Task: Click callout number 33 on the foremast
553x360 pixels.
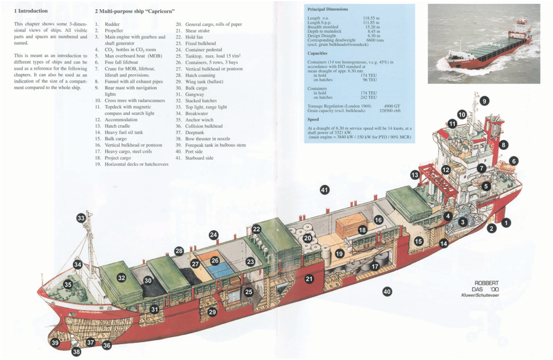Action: [x=81, y=218]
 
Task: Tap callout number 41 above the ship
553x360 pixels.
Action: [x=324, y=189]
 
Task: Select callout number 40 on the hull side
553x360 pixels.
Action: [x=387, y=291]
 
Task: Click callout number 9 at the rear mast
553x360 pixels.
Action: [x=484, y=101]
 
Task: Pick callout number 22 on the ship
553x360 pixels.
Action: [x=256, y=229]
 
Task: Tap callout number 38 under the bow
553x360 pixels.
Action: [x=77, y=352]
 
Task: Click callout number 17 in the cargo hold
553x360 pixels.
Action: [x=375, y=266]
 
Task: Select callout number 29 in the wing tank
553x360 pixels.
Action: [x=212, y=312]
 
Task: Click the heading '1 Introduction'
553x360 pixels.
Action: [x=31, y=11]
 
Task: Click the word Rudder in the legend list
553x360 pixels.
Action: [x=112, y=24]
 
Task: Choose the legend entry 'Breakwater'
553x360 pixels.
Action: [x=197, y=113]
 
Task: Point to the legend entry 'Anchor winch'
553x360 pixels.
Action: [x=199, y=120]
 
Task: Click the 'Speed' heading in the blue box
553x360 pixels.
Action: [x=313, y=120]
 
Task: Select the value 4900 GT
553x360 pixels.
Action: [x=392, y=106]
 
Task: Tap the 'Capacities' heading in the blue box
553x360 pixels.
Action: [x=317, y=53]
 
